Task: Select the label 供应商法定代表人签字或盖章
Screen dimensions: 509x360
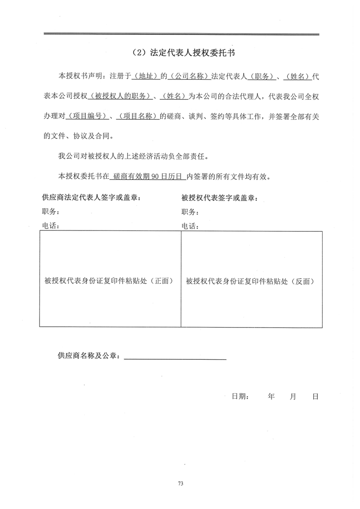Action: point(91,197)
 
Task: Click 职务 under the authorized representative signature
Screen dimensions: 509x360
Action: point(190,212)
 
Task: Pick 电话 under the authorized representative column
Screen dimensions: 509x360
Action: point(190,226)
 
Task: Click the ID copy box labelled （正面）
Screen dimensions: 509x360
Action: point(110,279)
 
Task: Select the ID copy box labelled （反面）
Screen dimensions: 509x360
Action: point(252,279)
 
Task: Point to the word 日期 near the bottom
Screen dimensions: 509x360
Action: point(240,396)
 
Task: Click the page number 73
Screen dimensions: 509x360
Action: point(180,484)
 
